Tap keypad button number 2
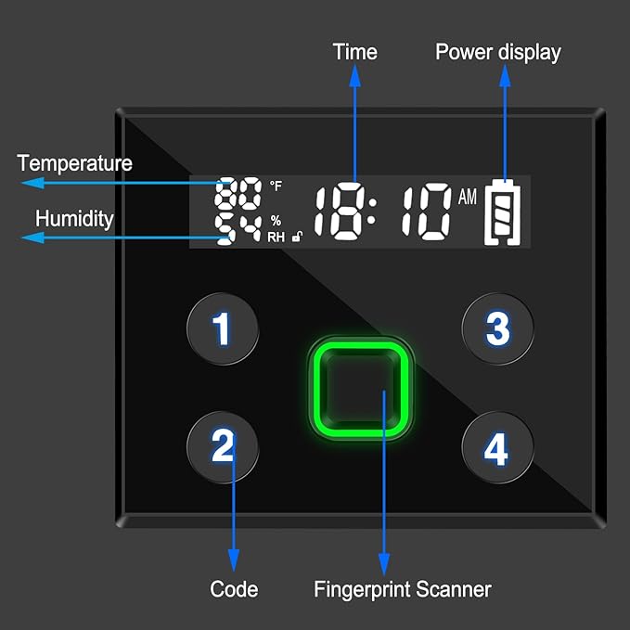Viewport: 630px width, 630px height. tap(223, 449)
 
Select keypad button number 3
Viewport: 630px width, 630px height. tap(498, 328)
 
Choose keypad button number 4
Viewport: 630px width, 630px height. tap(497, 450)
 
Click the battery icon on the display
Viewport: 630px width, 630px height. tap(503, 212)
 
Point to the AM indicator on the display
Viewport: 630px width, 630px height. tap(467, 197)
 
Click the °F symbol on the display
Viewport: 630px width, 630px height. tap(276, 186)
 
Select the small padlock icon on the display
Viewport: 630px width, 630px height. tap(297, 238)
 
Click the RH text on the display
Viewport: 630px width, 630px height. tap(276, 237)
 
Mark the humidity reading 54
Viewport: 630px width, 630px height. tap(238, 228)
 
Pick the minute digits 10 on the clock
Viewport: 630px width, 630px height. tap(422, 213)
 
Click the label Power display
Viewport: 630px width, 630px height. tap(498, 52)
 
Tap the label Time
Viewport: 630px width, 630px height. tap(355, 52)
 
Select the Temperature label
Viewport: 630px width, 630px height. tap(74, 164)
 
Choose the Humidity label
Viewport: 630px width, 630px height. tap(74, 219)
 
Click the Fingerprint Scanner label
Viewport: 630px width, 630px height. tap(403, 588)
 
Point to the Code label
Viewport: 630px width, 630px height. tap(234, 588)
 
